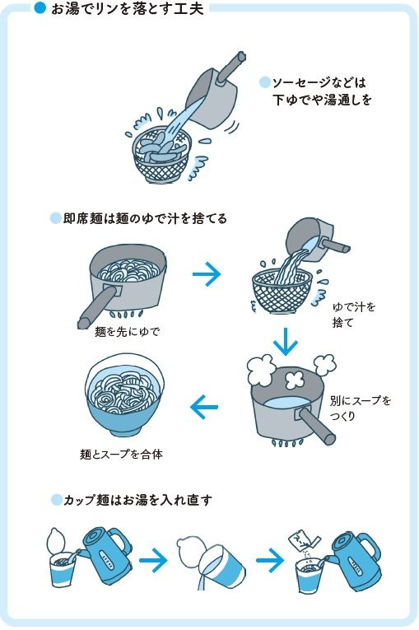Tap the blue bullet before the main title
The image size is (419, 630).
point(39,9)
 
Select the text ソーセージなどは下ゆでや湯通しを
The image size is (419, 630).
point(317,91)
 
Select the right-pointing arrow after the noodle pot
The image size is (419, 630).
point(209,274)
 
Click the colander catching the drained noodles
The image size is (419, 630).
point(282,291)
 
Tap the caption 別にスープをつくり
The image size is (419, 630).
point(361,408)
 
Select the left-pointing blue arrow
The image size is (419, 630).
point(204,405)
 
